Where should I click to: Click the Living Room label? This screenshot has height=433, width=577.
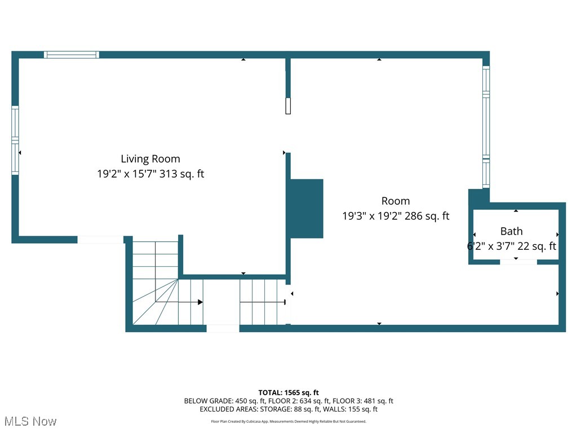point(150,159)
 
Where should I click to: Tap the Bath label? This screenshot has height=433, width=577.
point(512,231)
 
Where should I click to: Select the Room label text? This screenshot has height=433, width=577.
point(396,201)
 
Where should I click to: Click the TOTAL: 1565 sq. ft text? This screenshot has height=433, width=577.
point(288,392)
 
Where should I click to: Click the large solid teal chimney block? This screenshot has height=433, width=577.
point(307,209)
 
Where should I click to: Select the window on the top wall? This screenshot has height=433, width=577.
point(72,55)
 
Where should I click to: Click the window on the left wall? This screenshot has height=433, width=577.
point(15,140)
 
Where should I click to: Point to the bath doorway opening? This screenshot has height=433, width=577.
point(518,262)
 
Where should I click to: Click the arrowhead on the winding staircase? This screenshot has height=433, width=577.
point(199,302)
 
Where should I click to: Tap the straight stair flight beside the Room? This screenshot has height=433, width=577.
point(262,302)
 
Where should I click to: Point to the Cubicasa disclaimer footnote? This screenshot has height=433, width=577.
point(288,421)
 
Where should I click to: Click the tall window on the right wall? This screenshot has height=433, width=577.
point(486,127)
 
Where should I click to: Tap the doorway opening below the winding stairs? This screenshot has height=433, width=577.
point(223,328)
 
